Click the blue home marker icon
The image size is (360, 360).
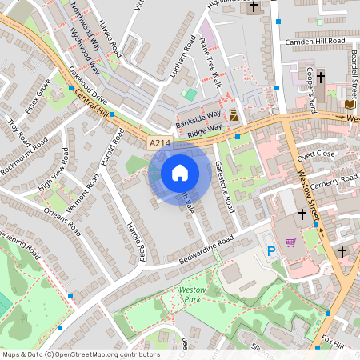click(x=180, y=173)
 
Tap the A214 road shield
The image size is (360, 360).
click(x=160, y=143)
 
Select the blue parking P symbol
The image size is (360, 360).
click(x=270, y=252)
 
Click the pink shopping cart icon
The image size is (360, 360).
click(x=291, y=242)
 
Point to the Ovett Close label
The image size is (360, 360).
click(x=314, y=154)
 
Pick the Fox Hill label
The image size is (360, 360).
click(x=331, y=340)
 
